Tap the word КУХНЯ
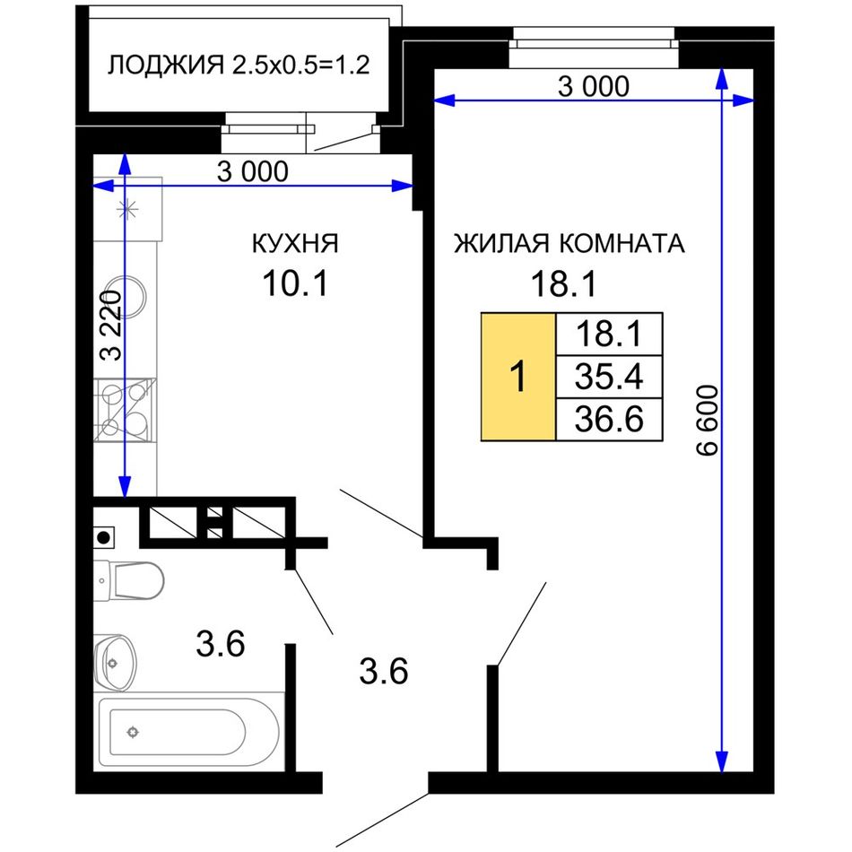click(x=295, y=243)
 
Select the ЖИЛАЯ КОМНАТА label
click(x=569, y=243)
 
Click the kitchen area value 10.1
click(x=295, y=283)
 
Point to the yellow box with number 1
click(x=518, y=377)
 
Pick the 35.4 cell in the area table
click(x=609, y=377)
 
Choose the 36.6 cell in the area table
click(x=609, y=419)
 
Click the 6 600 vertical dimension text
click(x=707, y=420)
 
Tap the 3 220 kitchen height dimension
click(x=111, y=326)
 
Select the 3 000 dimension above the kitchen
click(x=253, y=171)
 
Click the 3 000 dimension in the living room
click(x=594, y=86)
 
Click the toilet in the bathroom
click(x=129, y=581)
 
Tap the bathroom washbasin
click(x=115, y=663)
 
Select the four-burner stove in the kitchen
click(x=125, y=410)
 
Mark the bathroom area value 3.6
click(x=220, y=644)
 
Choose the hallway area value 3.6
click(x=384, y=671)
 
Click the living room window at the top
click(x=594, y=48)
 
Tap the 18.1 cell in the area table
click(x=609, y=335)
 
